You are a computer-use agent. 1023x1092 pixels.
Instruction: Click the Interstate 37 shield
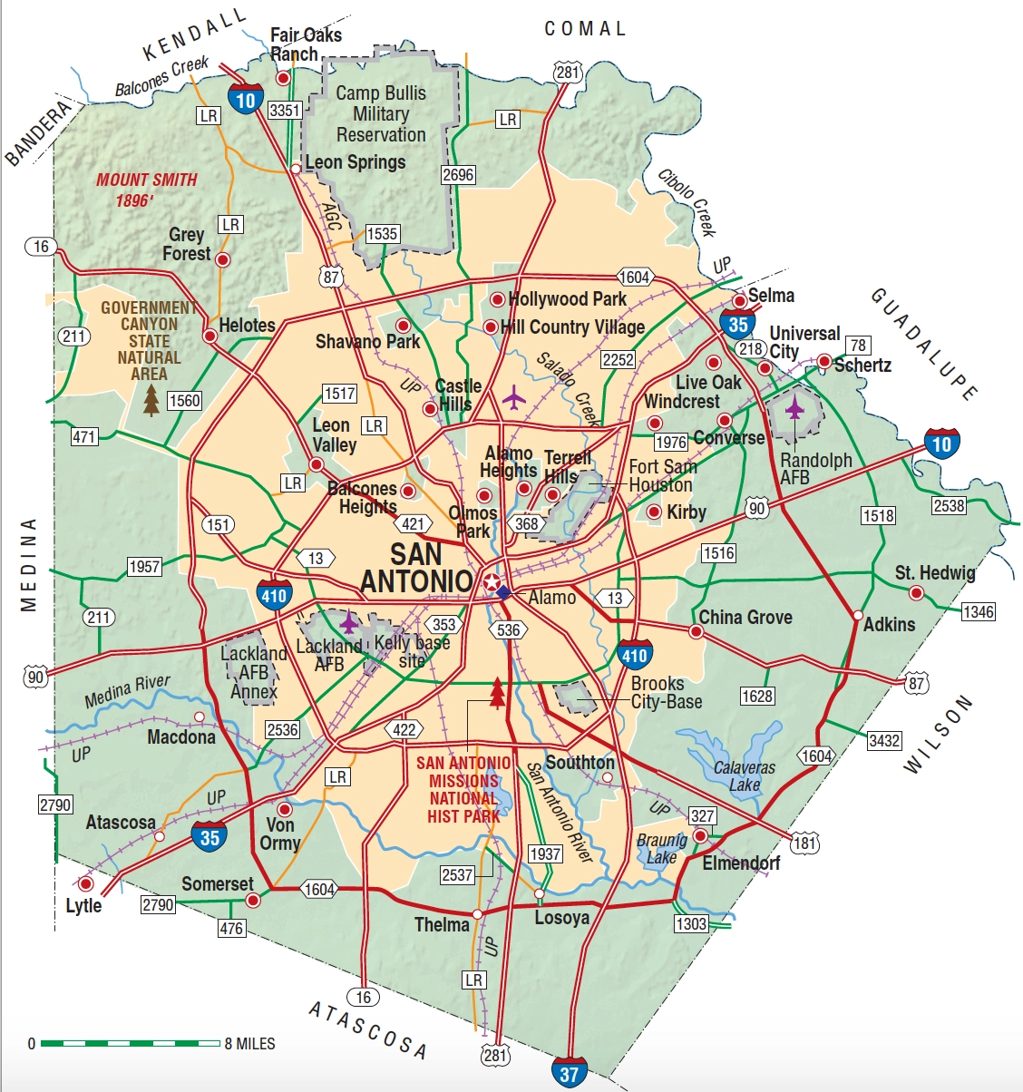(569, 1074)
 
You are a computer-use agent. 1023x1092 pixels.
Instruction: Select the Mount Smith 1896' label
(146, 190)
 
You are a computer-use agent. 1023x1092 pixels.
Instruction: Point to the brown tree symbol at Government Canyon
(151, 400)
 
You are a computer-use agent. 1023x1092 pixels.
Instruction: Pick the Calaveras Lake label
(745, 775)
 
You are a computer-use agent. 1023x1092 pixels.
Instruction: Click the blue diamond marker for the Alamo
(503, 593)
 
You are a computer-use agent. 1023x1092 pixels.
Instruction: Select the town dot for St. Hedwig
(916, 593)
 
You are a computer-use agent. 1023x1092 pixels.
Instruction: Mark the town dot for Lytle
(86, 883)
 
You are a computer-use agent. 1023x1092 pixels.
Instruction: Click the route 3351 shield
(285, 110)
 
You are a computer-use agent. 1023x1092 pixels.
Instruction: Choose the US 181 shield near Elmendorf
(804, 843)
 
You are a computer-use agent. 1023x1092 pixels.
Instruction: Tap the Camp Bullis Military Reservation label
(381, 113)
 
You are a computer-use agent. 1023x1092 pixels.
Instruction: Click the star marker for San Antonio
(491, 582)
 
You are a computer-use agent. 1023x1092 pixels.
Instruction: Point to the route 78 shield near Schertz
(858, 345)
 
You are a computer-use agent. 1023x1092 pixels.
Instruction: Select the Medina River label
(127, 691)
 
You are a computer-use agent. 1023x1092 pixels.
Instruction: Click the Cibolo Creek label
(687, 201)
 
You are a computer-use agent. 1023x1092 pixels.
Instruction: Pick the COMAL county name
(585, 29)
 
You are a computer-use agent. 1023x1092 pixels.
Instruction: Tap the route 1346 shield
(978, 611)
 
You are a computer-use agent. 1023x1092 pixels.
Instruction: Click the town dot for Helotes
(209, 336)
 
